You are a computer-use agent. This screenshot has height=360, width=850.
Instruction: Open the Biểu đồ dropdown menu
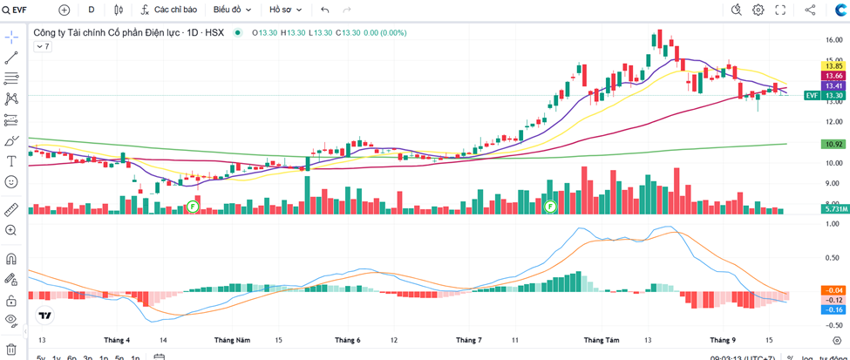[232, 10]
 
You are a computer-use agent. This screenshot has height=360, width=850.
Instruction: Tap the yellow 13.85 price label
[833, 65]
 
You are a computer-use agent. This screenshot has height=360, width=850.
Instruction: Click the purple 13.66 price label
[833, 76]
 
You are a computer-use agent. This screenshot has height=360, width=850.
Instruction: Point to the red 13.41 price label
[833, 85]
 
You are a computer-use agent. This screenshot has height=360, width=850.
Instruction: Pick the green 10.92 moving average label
[833, 144]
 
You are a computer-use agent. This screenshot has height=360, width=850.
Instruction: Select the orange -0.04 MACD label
[833, 289]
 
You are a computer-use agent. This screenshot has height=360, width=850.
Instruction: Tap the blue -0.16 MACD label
[833, 309]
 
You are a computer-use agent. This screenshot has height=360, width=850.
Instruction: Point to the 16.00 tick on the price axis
[833, 39]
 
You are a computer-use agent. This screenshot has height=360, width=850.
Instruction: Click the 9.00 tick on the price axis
[833, 183]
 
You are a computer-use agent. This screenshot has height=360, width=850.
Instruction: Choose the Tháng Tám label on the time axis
[601, 339]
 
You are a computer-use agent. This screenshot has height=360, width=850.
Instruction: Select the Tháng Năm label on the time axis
[232, 339]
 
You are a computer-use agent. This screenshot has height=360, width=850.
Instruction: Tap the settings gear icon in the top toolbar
[758, 10]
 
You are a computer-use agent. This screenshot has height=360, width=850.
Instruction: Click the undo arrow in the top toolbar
[325, 10]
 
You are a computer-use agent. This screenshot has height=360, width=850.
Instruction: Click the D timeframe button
[91, 10]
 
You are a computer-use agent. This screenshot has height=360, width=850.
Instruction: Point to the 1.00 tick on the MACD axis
[833, 224]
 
